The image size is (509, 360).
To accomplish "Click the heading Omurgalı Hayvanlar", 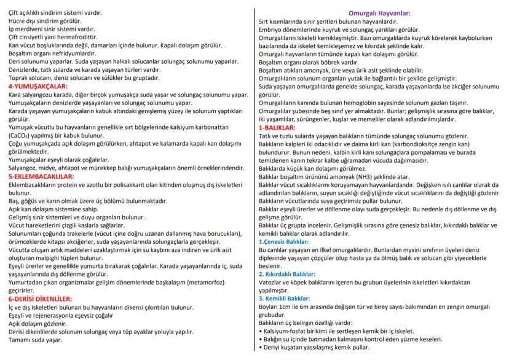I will (379, 13).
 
